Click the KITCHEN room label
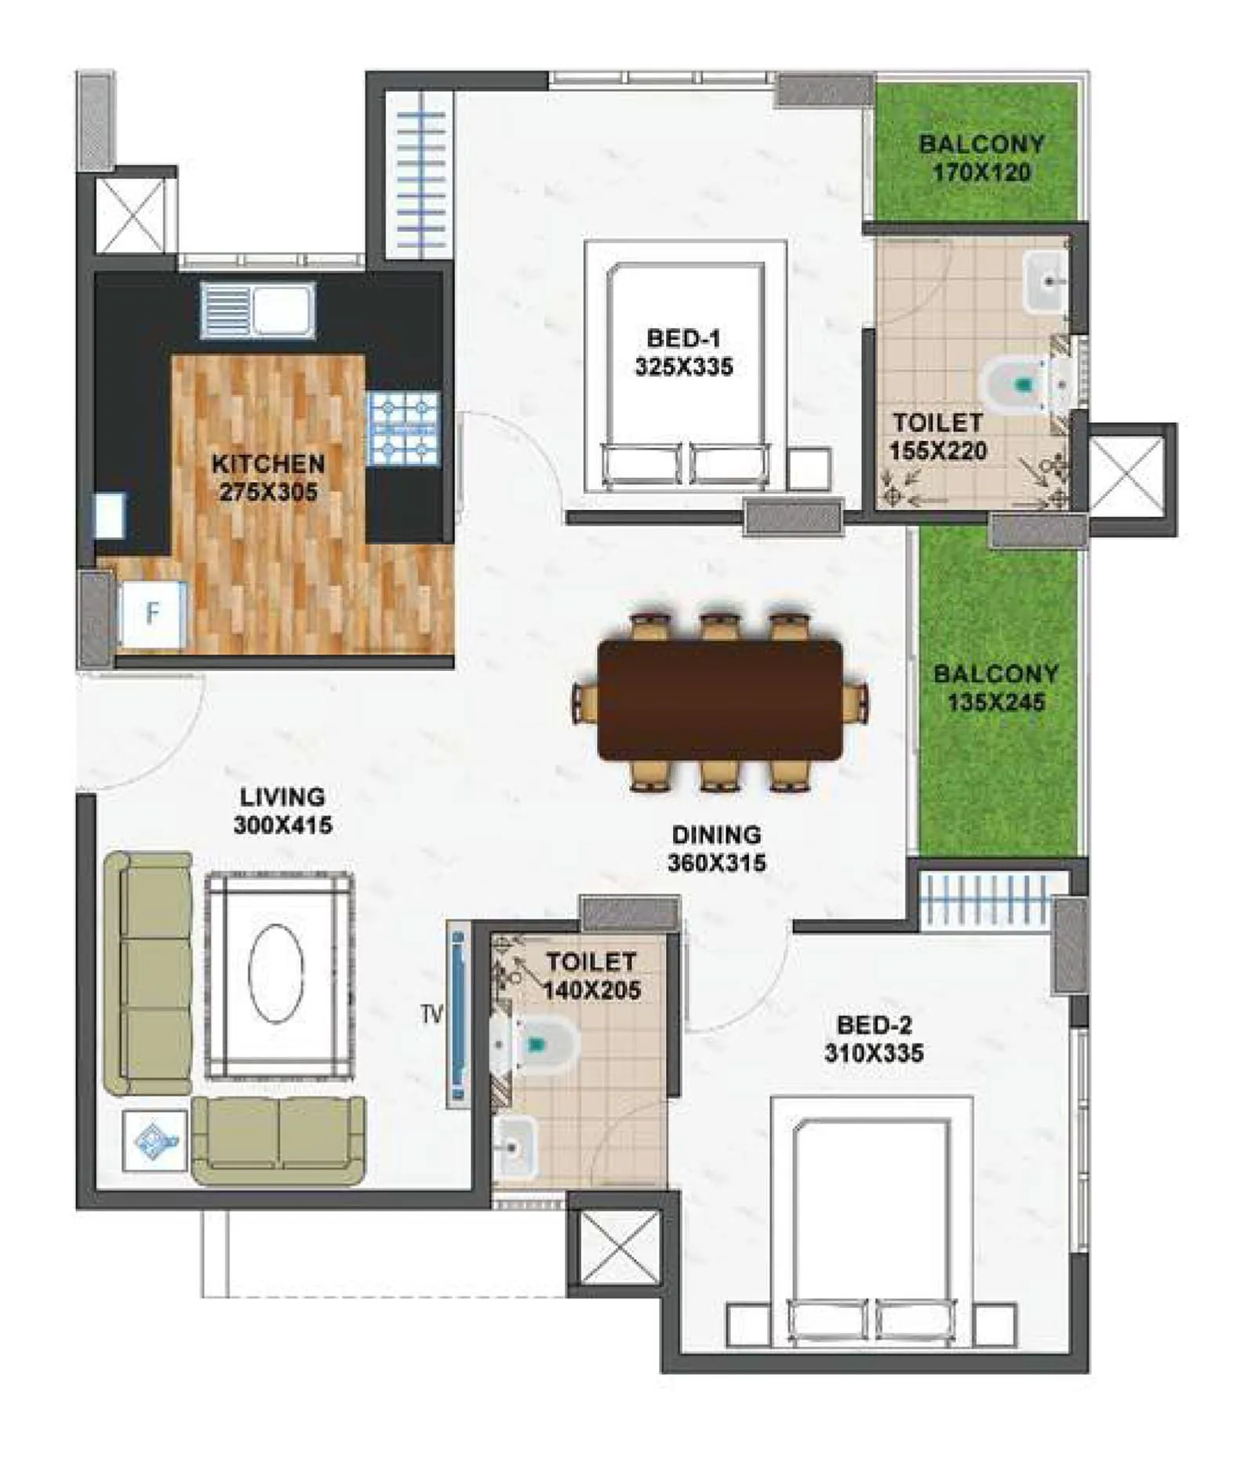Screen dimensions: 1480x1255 (x=267, y=463)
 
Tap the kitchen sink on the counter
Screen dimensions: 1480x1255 (x=257, y=311)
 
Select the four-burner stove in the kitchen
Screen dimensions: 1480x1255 (x=403, y=428)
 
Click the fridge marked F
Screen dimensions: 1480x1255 (x=152, y=614)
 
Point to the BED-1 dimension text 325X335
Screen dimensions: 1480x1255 (x=683, y=366)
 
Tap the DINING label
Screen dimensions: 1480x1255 (x=715, y=834)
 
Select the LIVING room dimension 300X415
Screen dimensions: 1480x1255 (x=282, y=825)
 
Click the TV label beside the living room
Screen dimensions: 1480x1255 (x=431, y=1014)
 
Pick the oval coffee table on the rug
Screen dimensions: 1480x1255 (x=276, y=972)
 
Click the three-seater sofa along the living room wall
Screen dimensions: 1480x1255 (x=149, y=972)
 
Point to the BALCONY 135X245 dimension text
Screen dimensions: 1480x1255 (x=995, y=702)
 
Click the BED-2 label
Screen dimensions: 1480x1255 (x=874, y=1025)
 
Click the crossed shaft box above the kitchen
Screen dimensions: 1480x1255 (x=131, y=215)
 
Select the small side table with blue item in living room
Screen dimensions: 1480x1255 (x=155, y=1139)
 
